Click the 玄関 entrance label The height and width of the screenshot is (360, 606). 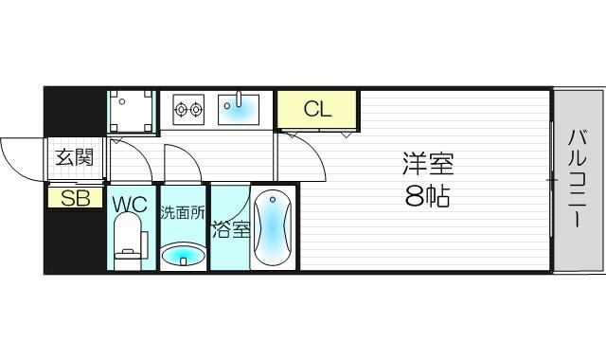click(x=75, y=157)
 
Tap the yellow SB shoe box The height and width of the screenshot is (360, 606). click(x=75, y=198)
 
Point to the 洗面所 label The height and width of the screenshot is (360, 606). click(x=181, y=213)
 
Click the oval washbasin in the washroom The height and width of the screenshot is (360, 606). click(x=182, y=255)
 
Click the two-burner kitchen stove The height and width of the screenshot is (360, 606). click(x=188, y=110)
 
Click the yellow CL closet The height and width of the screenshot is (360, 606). click(x=317, y=109)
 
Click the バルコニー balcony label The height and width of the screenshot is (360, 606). click(x=577, y=180)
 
